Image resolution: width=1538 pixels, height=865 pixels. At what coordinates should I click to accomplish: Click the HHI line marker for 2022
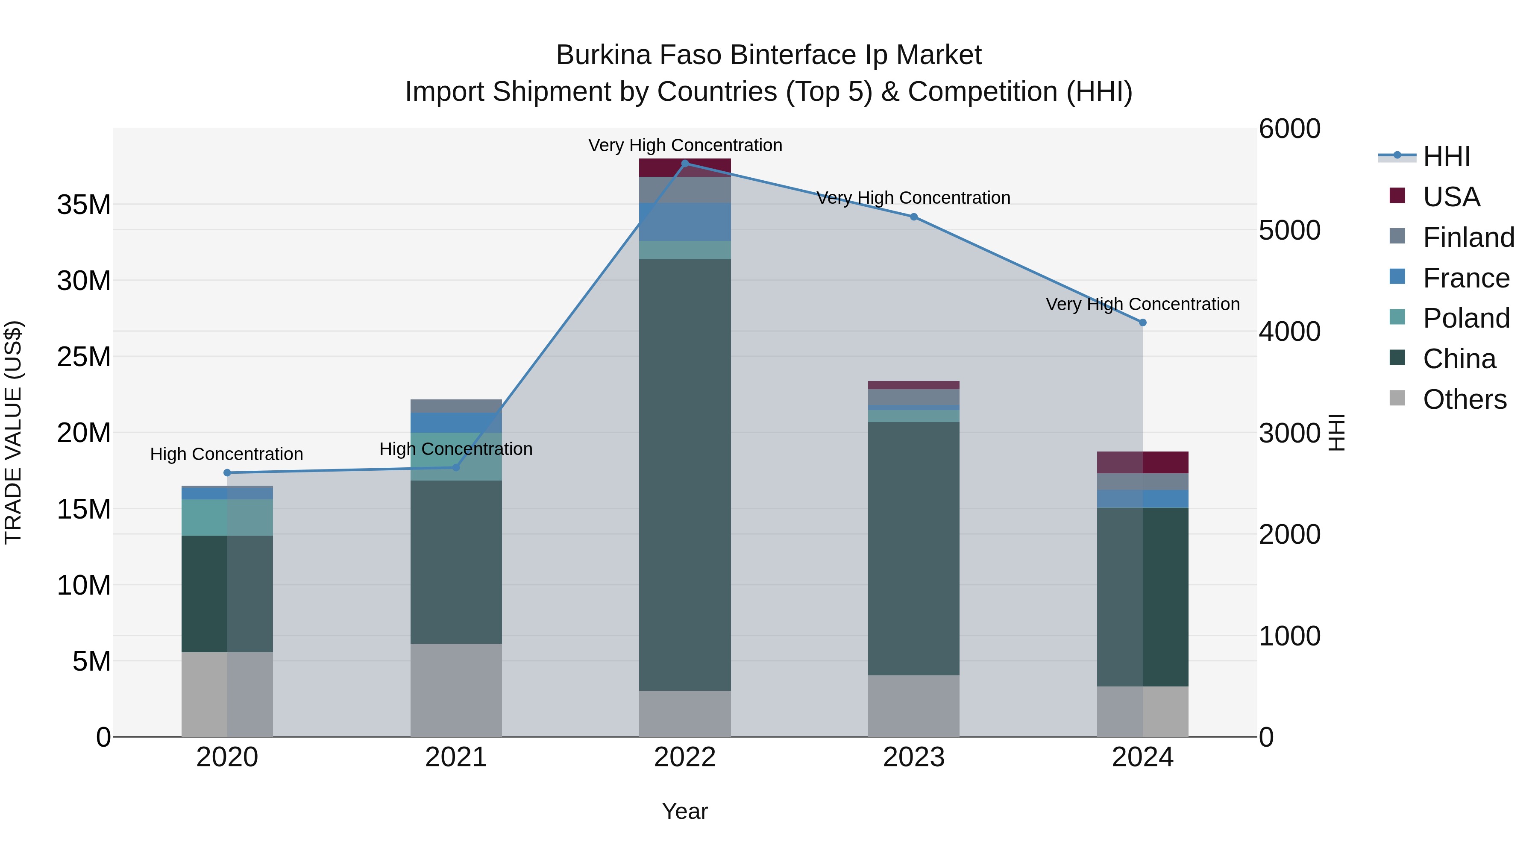tap(685, 163)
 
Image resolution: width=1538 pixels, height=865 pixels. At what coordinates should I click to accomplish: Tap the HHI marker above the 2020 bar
tap(227, 473)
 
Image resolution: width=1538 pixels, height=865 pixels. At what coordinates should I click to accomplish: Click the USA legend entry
tap(1451, 197)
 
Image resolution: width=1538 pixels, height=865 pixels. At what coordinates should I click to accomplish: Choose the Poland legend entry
tap(1466, 318)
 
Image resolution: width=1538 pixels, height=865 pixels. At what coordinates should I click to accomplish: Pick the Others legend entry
tap(1464, 399)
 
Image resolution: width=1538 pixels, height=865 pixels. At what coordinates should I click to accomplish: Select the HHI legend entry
tap(1446, 156)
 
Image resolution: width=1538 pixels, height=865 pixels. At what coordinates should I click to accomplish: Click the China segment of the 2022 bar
tap(685, 475)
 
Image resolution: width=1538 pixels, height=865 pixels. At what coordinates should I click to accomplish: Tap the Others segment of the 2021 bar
tap(456, 689)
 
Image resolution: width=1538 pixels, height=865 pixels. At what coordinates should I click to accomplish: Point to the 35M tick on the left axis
tap(84, 205)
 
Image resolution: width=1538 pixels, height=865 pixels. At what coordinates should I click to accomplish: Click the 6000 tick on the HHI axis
tap(1290, 129)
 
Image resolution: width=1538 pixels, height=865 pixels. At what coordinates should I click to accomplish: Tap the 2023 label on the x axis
tap(913, 757)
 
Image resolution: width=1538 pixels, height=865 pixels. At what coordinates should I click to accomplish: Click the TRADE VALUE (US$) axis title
tap(13, 432)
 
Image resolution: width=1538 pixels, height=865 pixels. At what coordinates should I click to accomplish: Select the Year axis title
tap(685, 811)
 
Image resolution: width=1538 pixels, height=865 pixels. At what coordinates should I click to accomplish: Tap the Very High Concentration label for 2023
tap(913, 198)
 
